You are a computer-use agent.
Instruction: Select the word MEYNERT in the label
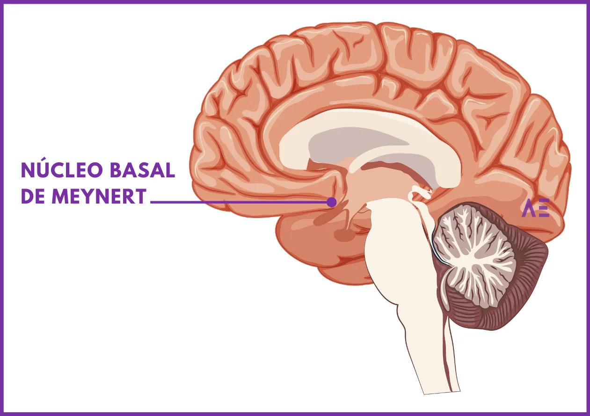[99, 196]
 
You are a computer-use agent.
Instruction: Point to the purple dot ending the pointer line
[332, 202]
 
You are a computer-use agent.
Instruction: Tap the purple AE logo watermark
[535, 208]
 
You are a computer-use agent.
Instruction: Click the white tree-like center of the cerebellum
[474, 257]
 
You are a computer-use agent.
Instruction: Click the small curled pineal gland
[419, 195]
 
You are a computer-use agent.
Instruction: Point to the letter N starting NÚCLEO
[28, 170]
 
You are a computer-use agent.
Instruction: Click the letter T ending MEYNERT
[140, 196]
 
